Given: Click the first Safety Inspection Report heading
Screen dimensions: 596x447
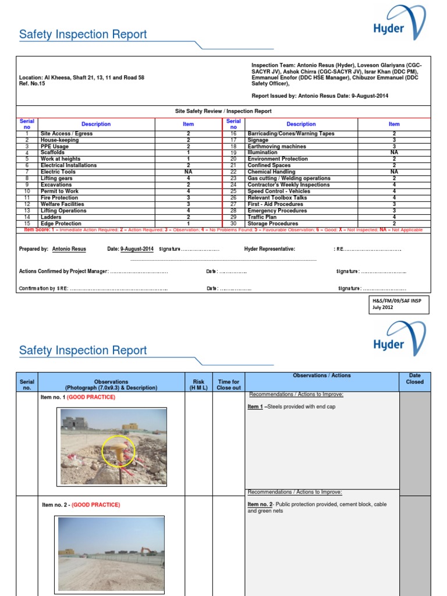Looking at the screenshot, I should point(83,34).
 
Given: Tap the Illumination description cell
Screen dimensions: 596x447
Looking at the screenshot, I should point(262,152).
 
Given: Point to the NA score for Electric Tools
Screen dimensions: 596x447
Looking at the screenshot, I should point(188,172).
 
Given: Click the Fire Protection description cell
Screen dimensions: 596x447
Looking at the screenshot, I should point(59,198).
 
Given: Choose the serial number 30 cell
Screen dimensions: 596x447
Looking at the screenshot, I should point(233,223).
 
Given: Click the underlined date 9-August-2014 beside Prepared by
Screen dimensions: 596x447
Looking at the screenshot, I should point(137,249).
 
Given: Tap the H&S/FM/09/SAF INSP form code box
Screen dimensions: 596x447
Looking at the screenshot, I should point(399,304).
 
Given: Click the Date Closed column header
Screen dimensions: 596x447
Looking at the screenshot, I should point(414,379).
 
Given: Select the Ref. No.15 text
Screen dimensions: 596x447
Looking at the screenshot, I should point(33,84).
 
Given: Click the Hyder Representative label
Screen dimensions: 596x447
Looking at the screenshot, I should point(269,249).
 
